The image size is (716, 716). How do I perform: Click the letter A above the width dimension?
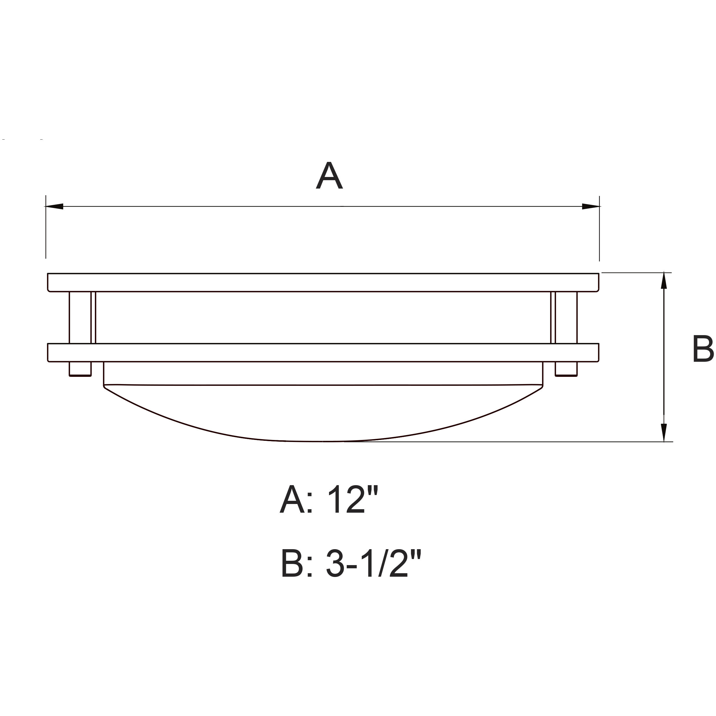point(329,176)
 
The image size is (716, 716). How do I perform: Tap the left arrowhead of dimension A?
point(54,207)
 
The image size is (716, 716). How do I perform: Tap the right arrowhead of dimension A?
point(590,207)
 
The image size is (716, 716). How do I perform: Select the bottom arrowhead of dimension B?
point(664,432)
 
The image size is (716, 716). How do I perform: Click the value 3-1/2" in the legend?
point(374,564)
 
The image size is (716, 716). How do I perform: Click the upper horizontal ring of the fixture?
point(322,282)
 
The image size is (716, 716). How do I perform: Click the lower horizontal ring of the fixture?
point(322,352)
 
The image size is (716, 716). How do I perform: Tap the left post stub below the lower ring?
point(80,369)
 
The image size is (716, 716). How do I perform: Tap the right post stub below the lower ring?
point(566,369)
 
